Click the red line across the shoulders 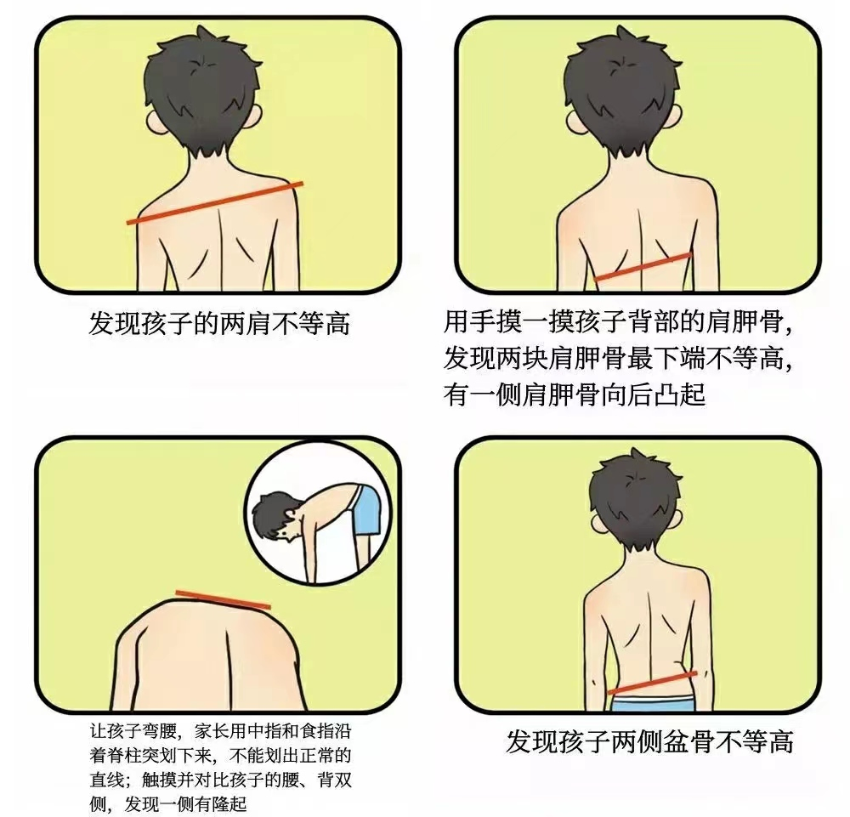point(215,202)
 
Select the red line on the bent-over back point(222,599)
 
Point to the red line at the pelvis point(652,682)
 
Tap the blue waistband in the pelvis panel point(652,703)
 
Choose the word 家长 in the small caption point(207,730)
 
